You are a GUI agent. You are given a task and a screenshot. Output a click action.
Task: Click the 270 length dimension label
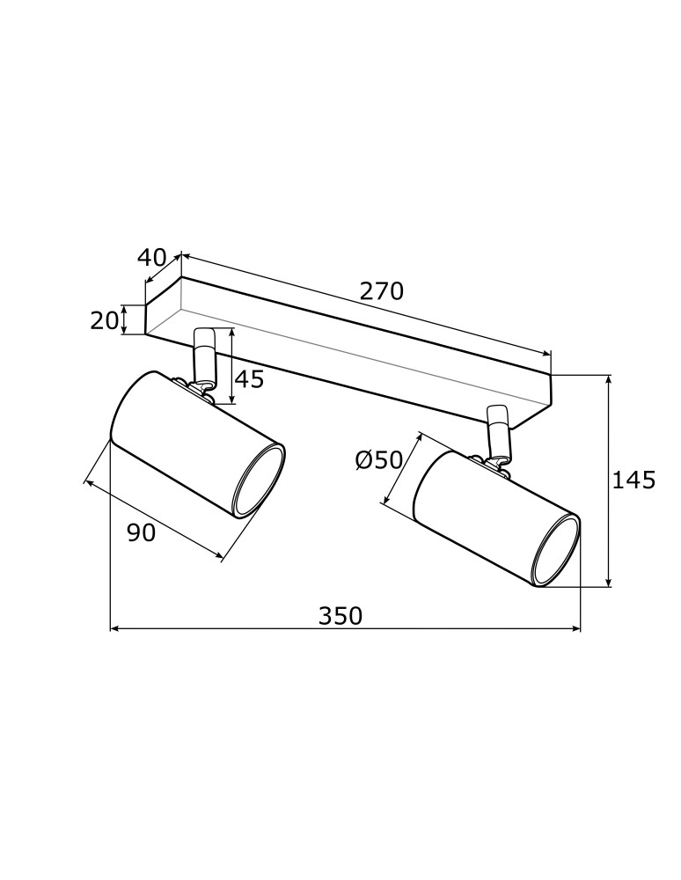(x=381, y=291)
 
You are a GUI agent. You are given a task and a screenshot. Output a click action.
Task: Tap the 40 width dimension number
(x=151, y=258)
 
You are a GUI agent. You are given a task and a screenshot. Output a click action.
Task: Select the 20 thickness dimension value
(x=104, y=320)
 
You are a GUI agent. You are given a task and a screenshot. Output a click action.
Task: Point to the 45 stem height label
(x=249, y=379)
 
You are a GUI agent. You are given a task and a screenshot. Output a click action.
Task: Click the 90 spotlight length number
(x=141, y=532)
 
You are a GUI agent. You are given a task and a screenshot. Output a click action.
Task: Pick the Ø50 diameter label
(x=378, y=459)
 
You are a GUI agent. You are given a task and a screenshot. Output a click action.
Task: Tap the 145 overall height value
(x=634, y=480)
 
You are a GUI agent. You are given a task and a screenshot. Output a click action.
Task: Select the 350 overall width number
(x=340, y=616)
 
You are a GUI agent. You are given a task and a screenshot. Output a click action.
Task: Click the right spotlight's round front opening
(x=558, y=552)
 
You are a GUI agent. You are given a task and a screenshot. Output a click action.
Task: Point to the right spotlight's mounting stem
(x=498, y=430)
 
